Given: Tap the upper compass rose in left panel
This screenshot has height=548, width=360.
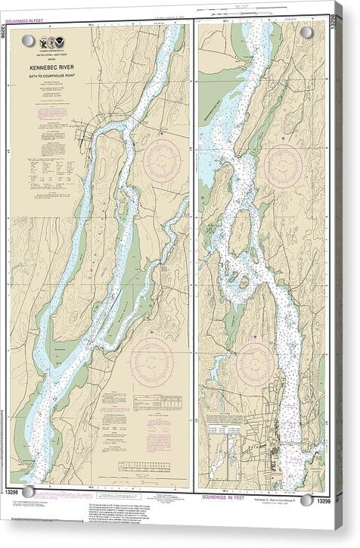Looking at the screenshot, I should pos(162,160).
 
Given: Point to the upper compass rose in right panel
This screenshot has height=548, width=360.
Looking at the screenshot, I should pos(284,166).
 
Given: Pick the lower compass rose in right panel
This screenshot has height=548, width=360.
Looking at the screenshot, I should pos(254,364).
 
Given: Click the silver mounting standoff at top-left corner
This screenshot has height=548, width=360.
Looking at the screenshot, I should pos(28,40).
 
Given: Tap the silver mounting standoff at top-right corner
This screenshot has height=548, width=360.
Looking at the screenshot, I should pos(306,33).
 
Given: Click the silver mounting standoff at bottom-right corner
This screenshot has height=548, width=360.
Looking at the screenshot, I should pos(306,500).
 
